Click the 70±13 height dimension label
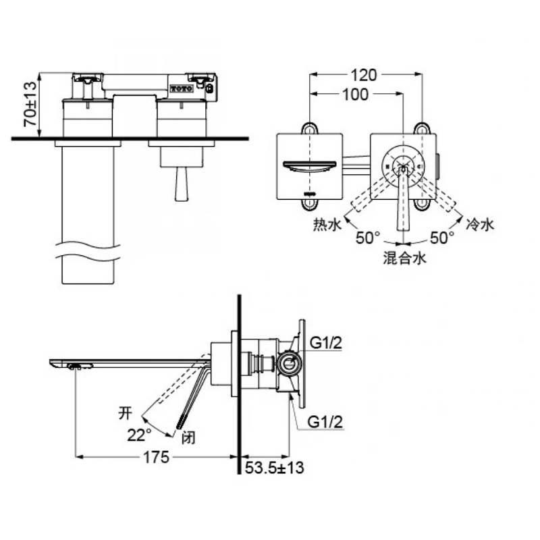[30, 104]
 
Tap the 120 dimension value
[364, 75]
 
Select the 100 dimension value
[355, 94]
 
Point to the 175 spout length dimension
[156, 458]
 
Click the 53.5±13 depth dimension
[275, 467]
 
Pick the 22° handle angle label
[139, 435]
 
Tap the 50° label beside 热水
[368, 238]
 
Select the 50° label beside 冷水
[442, 238]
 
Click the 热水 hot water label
[327, 225]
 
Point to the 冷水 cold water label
[480, 225]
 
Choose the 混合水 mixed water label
[404, 258]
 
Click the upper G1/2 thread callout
[326, 343]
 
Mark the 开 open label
[125, 413]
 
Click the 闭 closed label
[188, 438]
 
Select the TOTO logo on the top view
[182, 88]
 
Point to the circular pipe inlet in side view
[290, 364]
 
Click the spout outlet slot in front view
[310, 165]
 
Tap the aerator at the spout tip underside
[80, 366]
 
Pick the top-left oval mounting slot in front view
[310, 128]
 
